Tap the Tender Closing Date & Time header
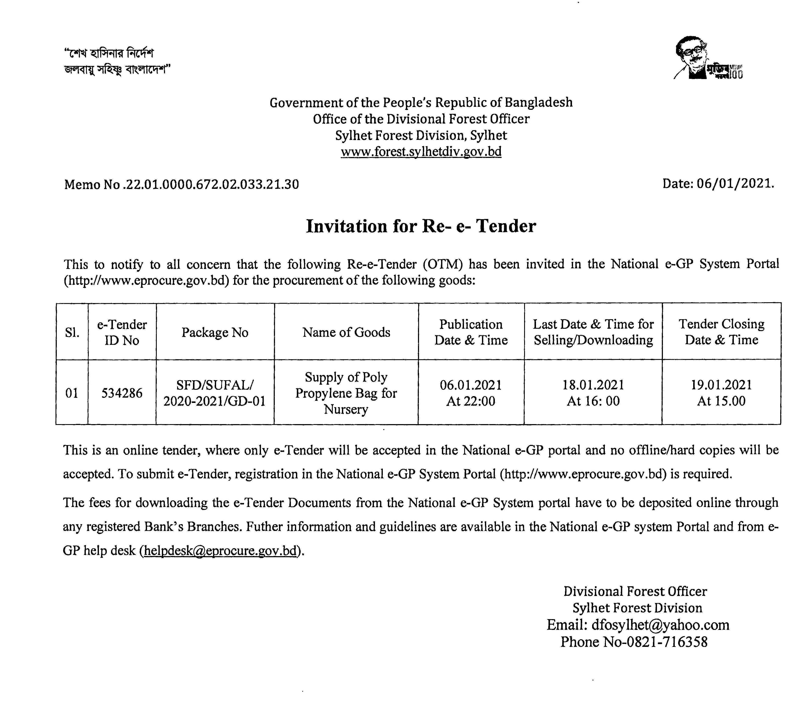pos(721,332)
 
